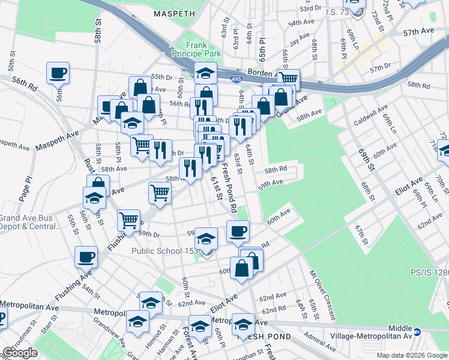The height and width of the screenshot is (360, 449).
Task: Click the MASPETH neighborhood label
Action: point(175,13)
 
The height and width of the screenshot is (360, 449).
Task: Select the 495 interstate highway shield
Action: point(237,78)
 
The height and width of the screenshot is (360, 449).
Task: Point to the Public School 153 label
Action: point(164,251)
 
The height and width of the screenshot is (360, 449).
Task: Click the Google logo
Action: point(20,353)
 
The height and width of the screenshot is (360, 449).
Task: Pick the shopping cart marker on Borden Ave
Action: point(289,79)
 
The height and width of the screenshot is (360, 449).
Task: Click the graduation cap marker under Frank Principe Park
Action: point(205,74)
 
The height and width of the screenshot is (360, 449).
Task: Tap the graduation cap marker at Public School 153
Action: point(206,240)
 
